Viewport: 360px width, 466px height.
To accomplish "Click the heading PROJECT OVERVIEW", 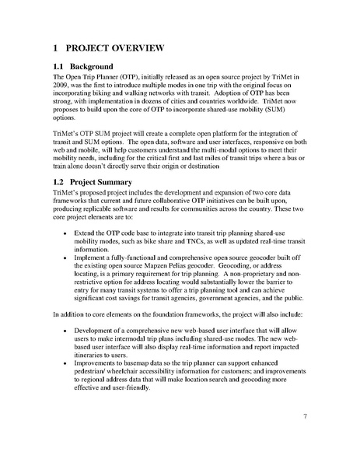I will pyautogui.click(x=117, y=48).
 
